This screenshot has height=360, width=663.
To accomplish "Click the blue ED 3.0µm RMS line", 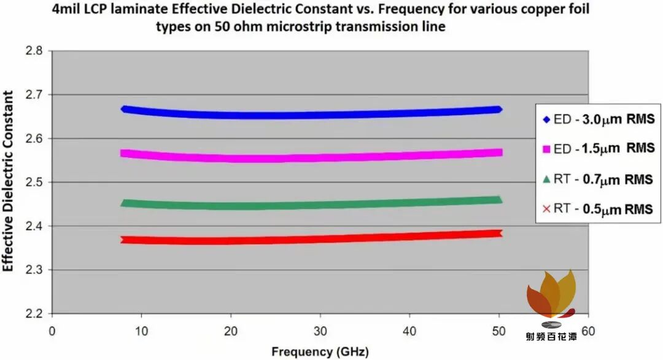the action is click(x=311, y=115).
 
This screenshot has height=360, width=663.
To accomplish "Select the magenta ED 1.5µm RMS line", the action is click(x=311, y=158).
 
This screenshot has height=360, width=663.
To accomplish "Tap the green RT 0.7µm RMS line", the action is click(x=311, y=206).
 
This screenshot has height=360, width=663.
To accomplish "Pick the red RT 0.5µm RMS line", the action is click(x=311, y=240).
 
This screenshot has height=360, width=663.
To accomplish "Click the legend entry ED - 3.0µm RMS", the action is click(x=599, y=120).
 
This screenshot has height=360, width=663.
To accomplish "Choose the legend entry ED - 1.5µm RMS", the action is click(x=599, y=149).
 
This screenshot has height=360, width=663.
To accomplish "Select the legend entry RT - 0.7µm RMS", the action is click(x=597, y=179).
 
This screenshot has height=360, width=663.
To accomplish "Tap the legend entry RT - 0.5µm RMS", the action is click(x=597, y=208).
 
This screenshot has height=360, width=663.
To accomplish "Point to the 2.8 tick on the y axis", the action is click(x=34, y=51).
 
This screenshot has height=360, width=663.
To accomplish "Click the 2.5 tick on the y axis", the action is click(x=34, y=182).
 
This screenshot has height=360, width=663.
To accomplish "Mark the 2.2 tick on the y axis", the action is click(x=34, y=314).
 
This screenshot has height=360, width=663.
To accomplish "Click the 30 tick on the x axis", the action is click(x=320, y=331).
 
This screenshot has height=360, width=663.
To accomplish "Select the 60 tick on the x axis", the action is click(x=588, y=331).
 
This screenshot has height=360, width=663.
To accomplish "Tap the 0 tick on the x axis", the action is click(x=52, y=331).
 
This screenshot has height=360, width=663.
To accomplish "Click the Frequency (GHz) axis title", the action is click(x=320, y=351).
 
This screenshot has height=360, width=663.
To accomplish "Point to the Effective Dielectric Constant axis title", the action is click(x=8, y=181).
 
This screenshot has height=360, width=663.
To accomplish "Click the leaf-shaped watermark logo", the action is click(x=551, y=294).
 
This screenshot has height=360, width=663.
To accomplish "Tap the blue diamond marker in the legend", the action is click(x=546, y=120).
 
